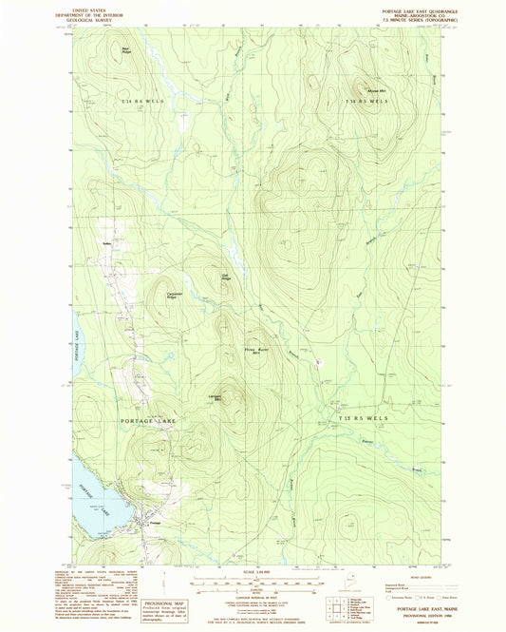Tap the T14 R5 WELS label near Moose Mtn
(x=367, y=100)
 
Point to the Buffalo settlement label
(x=107, y=245)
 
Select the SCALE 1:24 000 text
(x=256, y=570)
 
